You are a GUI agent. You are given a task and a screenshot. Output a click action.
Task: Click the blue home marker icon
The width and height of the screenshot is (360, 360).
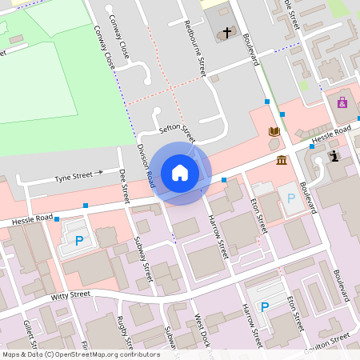click(180, 172)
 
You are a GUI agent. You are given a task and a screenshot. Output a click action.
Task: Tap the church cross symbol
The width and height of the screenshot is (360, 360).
click(227, 33)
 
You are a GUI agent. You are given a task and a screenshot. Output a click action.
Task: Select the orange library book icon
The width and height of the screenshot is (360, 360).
click(274, 131)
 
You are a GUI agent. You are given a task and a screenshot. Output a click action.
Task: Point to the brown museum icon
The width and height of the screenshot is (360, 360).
click(282, 161)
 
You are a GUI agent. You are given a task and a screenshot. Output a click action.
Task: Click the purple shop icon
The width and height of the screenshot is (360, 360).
click(342, 102)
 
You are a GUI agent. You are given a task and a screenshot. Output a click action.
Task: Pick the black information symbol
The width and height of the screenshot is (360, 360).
click(334, 156)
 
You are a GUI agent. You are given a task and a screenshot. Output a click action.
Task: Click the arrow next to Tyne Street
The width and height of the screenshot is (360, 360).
click(99, 172)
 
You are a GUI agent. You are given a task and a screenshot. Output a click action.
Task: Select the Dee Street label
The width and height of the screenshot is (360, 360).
click(124, 185)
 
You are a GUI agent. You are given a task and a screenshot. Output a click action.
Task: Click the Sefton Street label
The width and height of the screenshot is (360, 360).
click(177, 130)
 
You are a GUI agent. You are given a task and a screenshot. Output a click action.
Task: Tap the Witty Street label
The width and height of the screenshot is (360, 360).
click(70, 295)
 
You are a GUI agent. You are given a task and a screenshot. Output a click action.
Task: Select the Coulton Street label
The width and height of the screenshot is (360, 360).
click(328, 340)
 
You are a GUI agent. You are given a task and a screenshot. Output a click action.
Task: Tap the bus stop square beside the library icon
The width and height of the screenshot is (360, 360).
click(267, 102)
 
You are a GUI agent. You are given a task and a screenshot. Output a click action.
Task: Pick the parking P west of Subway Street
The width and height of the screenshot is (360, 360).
click(79, 241)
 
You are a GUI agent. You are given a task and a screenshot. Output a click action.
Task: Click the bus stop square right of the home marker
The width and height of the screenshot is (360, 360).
click(224, 179)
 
